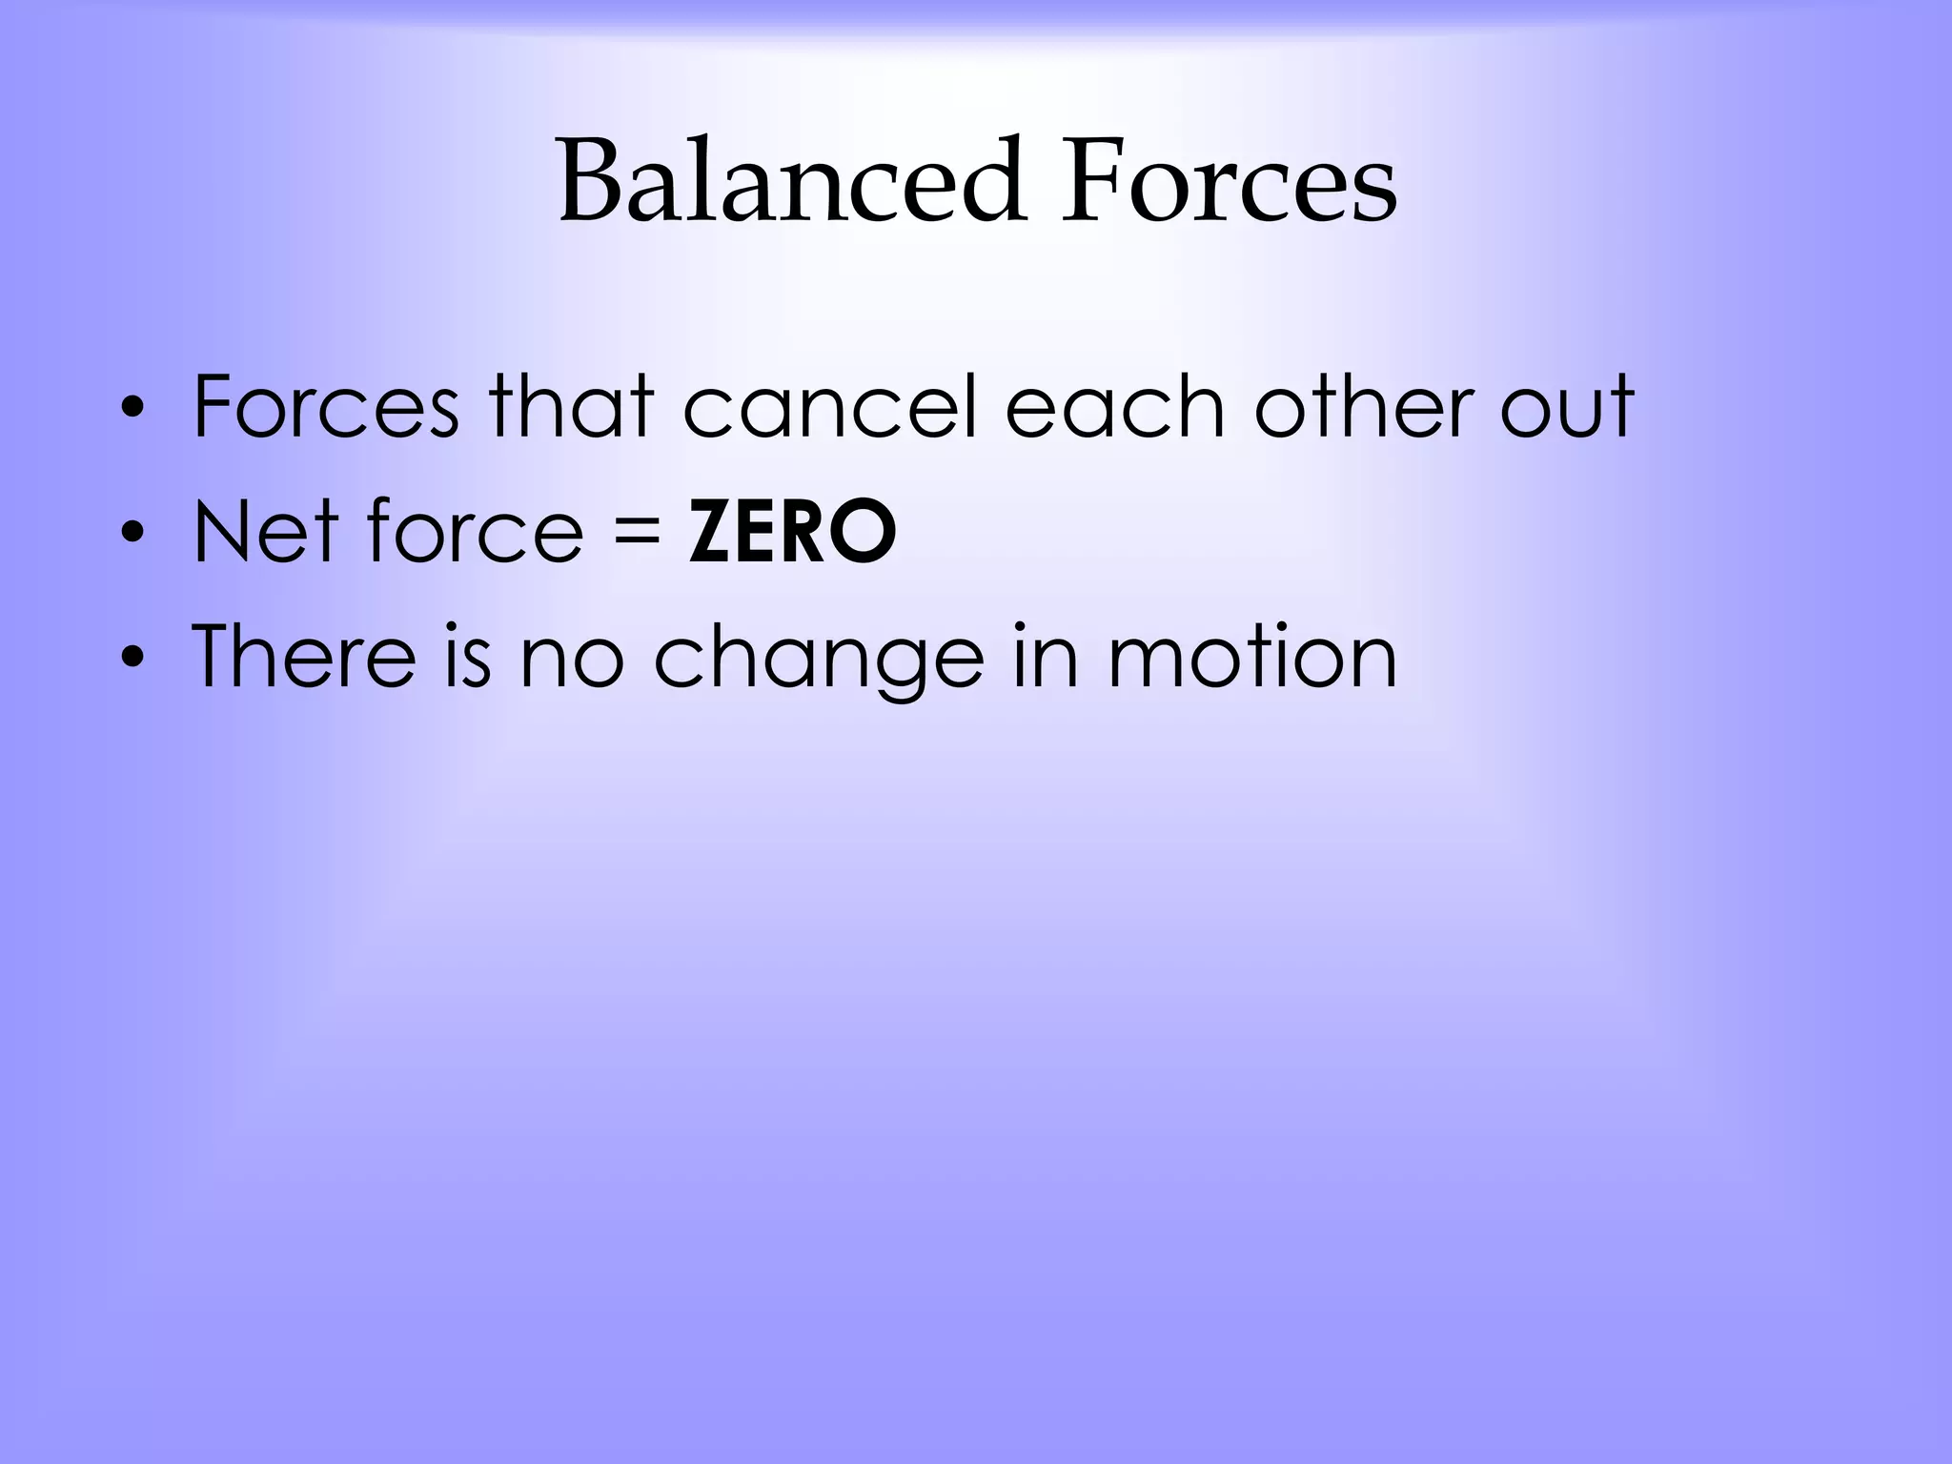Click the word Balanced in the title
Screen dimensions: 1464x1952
point(791,181)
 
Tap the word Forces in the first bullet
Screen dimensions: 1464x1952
point(326,407)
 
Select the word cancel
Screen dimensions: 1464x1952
point(830,407)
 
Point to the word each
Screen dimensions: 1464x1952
point(1114,407)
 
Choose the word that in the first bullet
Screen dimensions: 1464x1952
point(571,407)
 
